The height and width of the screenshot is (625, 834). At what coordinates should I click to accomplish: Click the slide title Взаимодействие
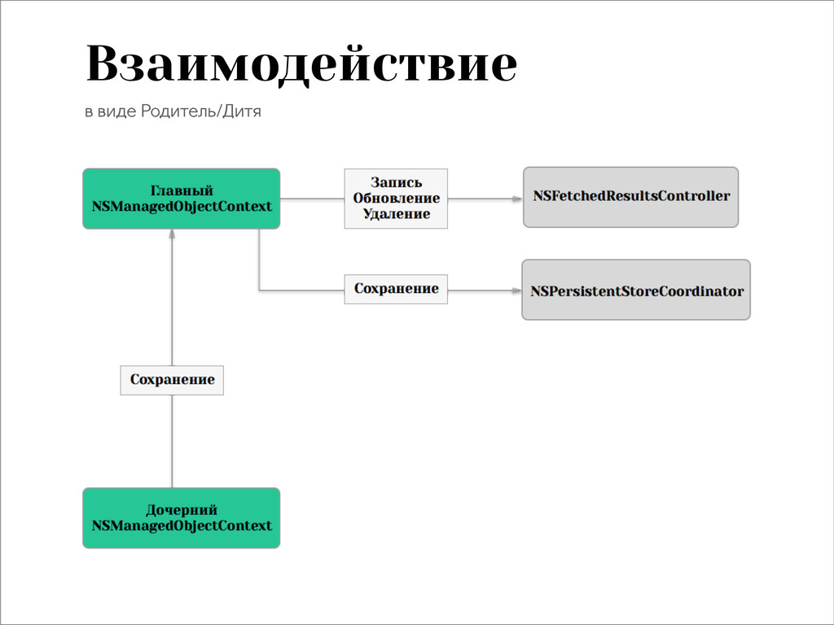[301, 65]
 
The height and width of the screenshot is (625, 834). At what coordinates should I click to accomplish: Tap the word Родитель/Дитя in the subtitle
[201, 111]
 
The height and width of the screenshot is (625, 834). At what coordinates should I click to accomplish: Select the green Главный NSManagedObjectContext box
[182, 198]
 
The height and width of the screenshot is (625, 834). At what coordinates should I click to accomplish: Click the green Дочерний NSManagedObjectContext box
[182, 518]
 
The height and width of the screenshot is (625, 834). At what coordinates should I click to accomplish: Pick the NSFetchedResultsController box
[630, 196]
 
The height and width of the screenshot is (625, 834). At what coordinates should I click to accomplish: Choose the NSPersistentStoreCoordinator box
[636, 291]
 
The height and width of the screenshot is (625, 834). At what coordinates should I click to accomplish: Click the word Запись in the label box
[397, 182]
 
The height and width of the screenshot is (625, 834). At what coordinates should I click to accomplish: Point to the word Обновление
[397, 198]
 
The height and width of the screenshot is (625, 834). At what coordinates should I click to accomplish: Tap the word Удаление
[397, 214]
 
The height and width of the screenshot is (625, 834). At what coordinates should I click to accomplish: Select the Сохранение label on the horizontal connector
[396, 289]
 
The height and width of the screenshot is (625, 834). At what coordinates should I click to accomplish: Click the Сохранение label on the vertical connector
[172, 379]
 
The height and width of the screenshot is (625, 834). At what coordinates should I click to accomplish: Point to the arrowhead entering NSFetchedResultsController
[516, 198]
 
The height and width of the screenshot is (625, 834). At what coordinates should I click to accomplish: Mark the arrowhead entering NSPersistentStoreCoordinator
[516, 291]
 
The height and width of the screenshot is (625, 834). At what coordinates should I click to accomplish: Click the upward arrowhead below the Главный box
[172, 234]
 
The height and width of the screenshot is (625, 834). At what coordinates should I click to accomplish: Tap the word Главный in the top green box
[182, 190]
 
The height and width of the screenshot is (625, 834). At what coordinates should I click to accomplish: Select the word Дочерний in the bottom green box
[182, 510]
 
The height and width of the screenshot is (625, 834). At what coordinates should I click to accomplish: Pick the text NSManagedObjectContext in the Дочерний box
[182, 526]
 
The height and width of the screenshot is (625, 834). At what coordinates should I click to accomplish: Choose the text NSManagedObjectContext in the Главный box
[182, 206]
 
